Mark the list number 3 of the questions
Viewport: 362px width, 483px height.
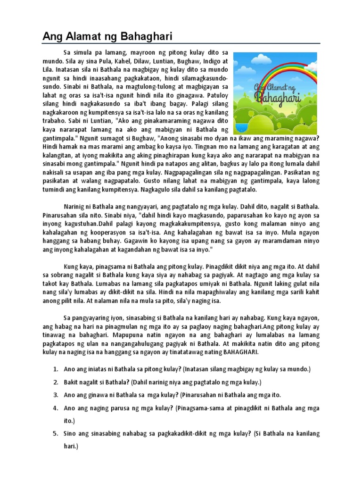56,395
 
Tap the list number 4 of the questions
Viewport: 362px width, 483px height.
56,408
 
